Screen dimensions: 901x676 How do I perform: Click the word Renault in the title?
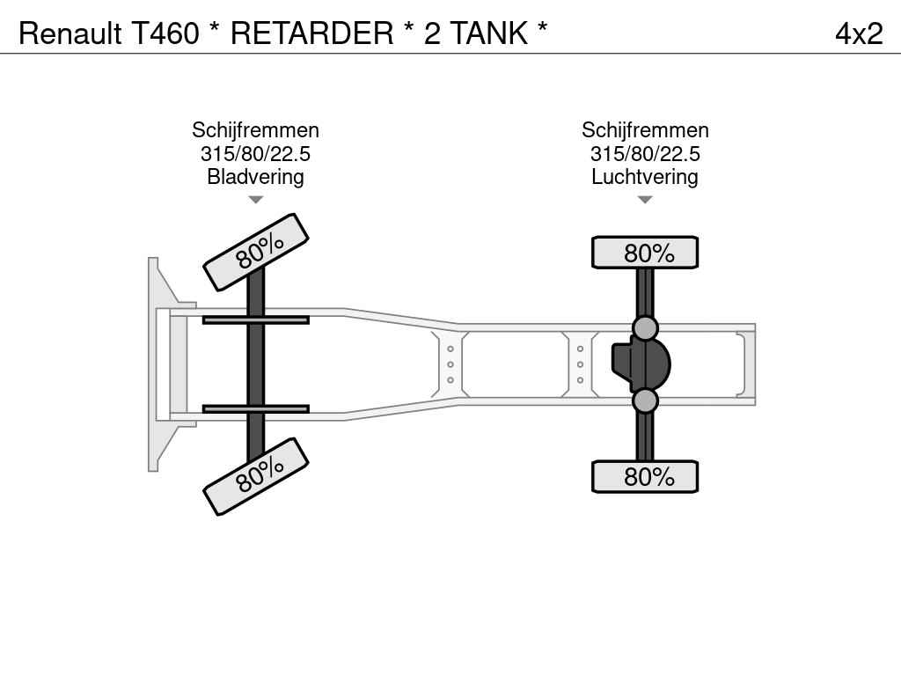point(70,33)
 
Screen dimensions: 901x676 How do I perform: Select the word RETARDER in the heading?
point(312,33)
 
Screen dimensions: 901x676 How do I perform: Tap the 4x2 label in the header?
point(859,34)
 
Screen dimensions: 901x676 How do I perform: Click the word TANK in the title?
point(488,33)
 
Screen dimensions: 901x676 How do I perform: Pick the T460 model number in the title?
point(165,33)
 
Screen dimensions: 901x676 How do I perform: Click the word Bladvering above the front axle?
point(255,176)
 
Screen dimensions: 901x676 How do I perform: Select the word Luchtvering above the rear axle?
point(645,176)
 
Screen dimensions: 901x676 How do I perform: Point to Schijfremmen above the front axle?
point(255,130)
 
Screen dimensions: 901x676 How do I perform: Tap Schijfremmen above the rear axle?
point(645,130)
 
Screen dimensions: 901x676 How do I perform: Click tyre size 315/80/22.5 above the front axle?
point(255,153)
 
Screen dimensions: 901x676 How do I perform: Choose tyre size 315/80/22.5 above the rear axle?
point(645,153)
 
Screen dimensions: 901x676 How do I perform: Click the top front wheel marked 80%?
point(256,252)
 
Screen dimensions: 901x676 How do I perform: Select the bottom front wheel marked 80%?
point(256,476)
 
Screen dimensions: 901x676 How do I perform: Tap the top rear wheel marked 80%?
point(645,253)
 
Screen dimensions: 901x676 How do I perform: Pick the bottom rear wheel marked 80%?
point(645,476)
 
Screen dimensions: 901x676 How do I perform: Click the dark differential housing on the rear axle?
point(643,364)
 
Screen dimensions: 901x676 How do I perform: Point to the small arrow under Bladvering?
point(255,200)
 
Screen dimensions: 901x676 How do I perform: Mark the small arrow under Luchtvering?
point(645,200)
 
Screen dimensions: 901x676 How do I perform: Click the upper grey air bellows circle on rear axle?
point(645,328)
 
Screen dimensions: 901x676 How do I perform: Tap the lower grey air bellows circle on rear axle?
point(645,400)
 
